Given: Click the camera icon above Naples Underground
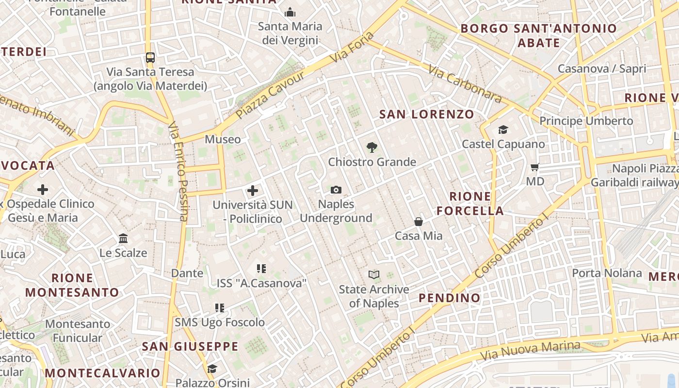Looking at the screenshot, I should point(336,190).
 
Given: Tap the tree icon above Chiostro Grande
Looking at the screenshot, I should point(372,146).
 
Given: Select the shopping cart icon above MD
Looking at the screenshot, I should point(535,167).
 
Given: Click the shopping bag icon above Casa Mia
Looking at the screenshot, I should point(418,222).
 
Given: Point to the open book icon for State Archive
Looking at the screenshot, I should point(373,275).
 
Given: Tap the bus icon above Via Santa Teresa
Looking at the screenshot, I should point(150,58).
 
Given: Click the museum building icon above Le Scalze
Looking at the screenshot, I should point(123,239).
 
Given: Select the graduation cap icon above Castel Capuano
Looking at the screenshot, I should point(503,129).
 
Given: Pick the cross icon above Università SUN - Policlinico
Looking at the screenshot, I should point(253,191).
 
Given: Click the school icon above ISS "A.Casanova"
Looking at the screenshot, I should point(261,268).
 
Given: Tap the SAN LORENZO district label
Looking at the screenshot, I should point(426,114).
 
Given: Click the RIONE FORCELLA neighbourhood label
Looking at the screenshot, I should point(470,203).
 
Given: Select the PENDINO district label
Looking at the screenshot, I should point(450,297).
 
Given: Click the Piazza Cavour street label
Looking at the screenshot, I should point(271,95).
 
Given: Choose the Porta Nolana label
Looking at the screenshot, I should point(607,273).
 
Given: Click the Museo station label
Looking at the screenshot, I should point(223,139).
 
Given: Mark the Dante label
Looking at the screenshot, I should point(187,273).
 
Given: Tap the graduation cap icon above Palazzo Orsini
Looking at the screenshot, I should point(212,369).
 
